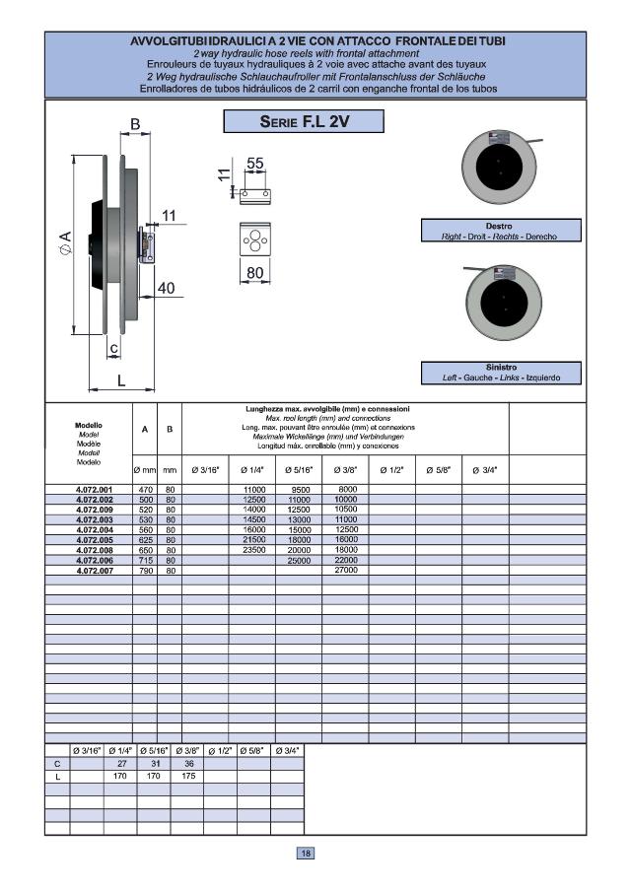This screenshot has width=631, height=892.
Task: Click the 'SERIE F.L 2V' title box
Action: [303, 122]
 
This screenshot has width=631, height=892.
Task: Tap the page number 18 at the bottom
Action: [307, 854]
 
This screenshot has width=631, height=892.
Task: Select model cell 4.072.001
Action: [95, 490]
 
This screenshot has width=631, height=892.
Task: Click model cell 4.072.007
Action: [95, 570]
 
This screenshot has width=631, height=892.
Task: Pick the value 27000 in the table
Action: [346, 570]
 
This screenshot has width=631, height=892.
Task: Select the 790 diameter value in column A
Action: [145, 570]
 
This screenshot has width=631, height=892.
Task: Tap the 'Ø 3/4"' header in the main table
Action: [485, 469]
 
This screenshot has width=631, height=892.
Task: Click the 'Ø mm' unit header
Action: [145, 469]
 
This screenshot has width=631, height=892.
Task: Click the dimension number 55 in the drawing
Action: [256, 164]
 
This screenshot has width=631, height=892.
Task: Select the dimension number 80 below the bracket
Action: [255, 272]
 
